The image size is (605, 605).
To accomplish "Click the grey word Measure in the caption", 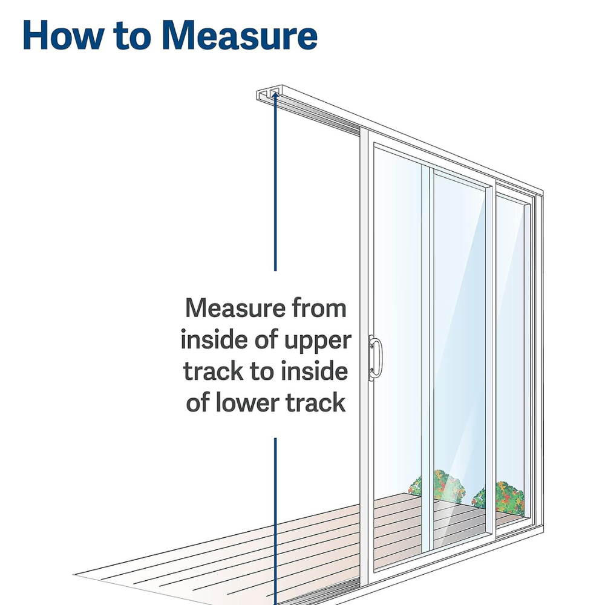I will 240,308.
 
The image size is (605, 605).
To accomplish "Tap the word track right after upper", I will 211,371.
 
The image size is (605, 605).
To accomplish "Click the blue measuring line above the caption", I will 275,181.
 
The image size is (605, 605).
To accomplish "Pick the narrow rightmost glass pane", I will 511,351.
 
